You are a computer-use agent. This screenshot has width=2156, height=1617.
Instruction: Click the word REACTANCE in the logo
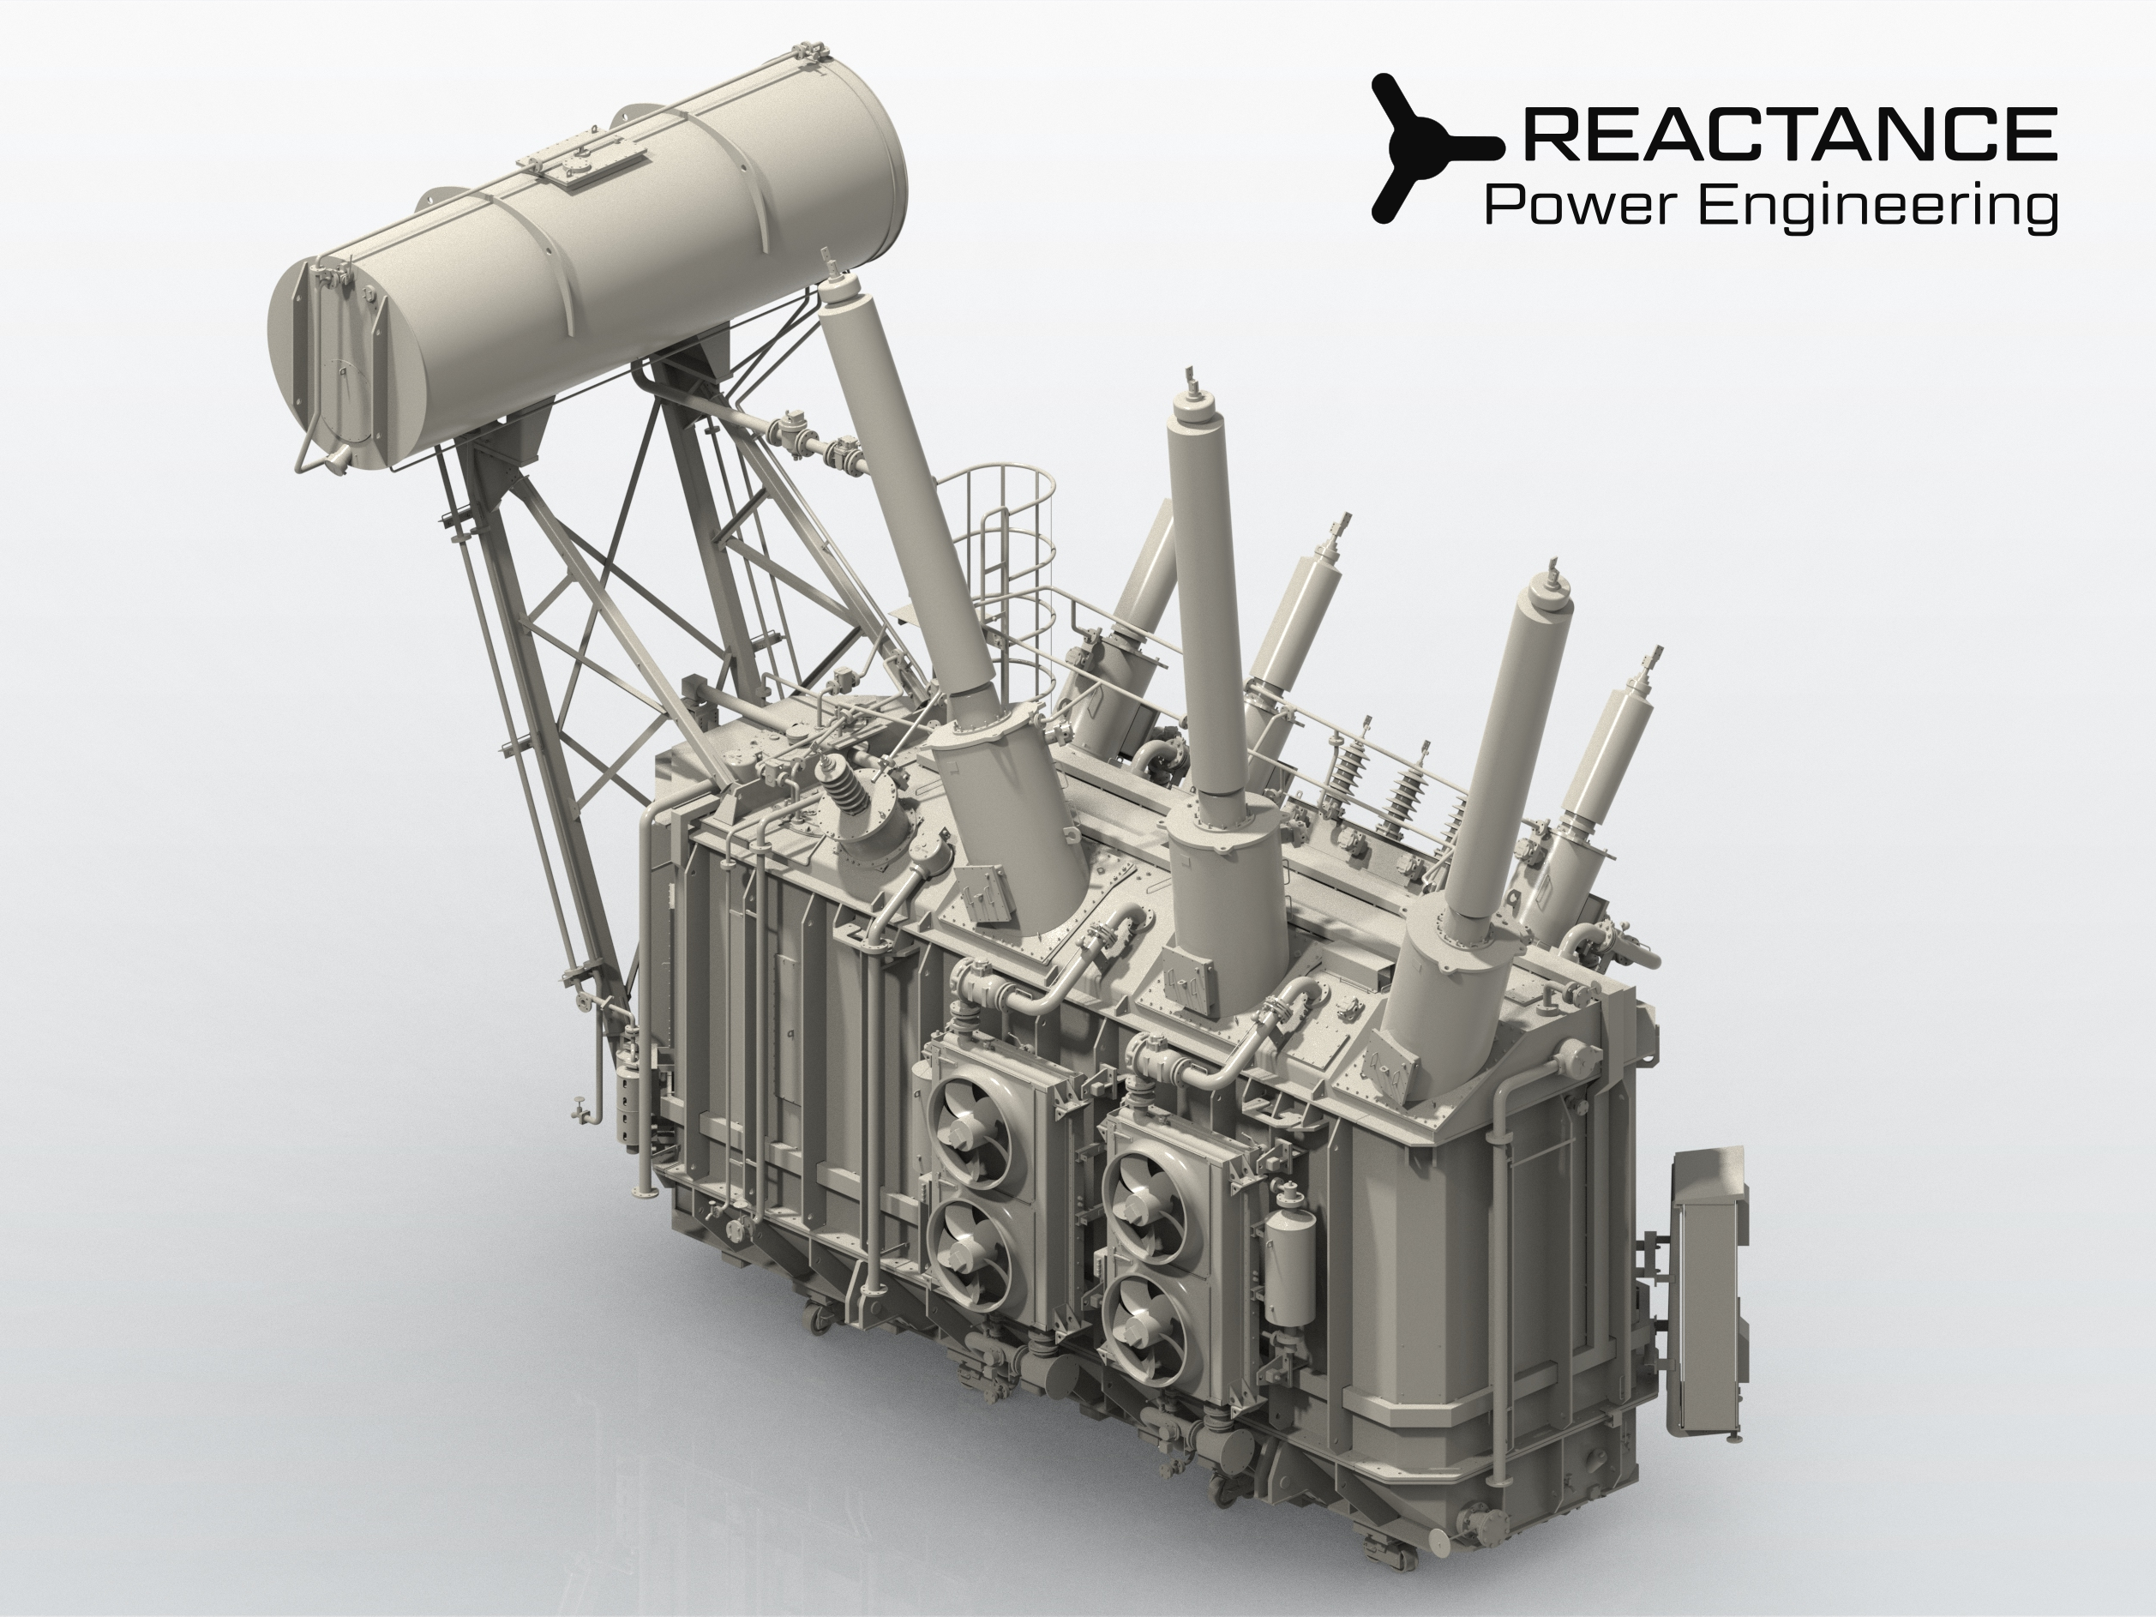click(1788, 134)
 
